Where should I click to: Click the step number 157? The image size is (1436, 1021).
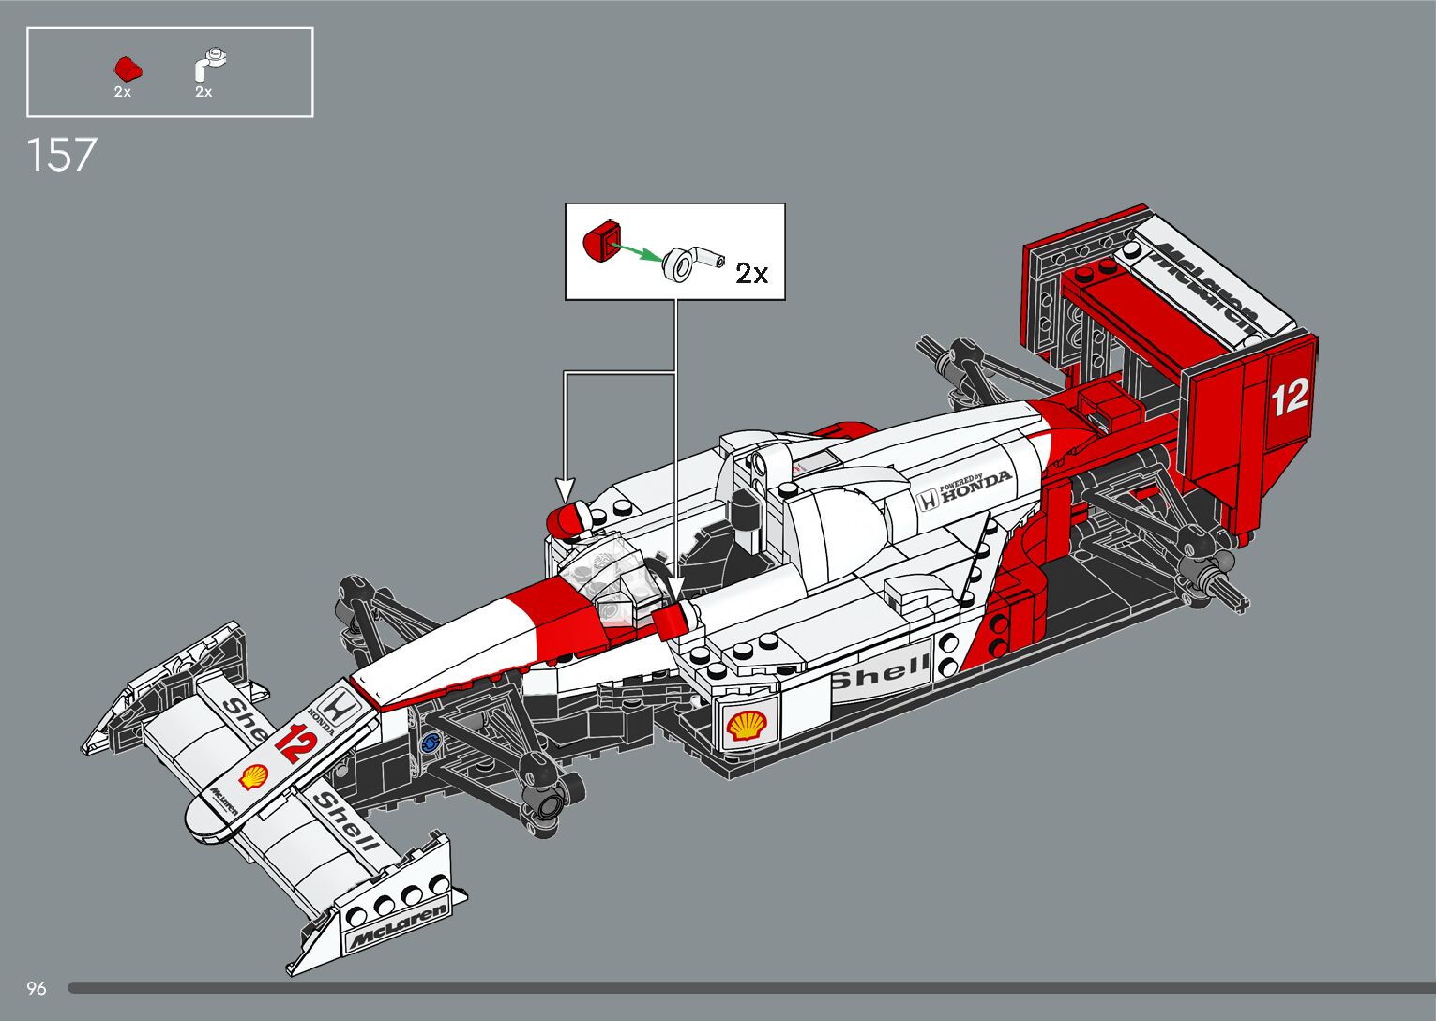coord(62,155)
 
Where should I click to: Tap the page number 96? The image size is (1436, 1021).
coord(37,988)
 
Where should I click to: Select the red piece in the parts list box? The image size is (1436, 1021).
coord(127,68)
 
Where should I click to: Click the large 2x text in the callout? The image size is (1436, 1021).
coord(751,273)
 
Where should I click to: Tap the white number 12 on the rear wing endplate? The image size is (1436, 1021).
coord(1289,398)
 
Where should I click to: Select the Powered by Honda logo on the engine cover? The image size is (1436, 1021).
coord(966,488)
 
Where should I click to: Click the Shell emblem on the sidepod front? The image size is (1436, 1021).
coord(747,725)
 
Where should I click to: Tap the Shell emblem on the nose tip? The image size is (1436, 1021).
coord(253,776)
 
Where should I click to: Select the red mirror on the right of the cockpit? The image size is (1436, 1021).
coord(674,620)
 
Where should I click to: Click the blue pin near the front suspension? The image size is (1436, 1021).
coord(431,743)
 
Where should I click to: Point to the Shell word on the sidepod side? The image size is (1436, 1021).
coord(879,672)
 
